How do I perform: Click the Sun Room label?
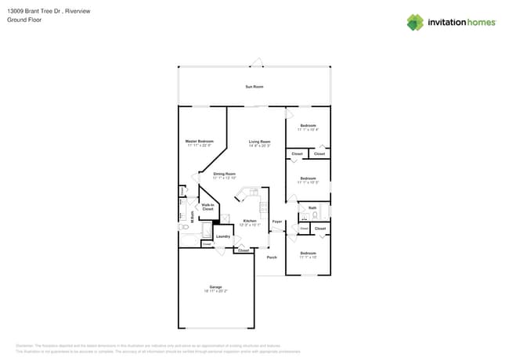[254, 86]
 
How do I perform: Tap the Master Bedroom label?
[199, 141]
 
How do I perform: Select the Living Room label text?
[259, 142]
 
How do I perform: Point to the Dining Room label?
[224, 174]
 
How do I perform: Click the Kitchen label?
[249, 221]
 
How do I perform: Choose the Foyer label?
[276, 221]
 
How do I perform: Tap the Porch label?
[272, 257]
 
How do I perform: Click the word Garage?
[215, 286]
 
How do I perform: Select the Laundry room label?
[222, 236]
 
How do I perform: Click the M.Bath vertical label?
[192, 218]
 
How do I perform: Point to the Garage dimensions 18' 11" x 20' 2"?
[215, 291]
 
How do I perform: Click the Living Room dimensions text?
[259, 146]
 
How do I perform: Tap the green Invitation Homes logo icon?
[415, 22]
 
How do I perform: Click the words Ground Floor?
[24, 20]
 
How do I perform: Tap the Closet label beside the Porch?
[244, 250]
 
